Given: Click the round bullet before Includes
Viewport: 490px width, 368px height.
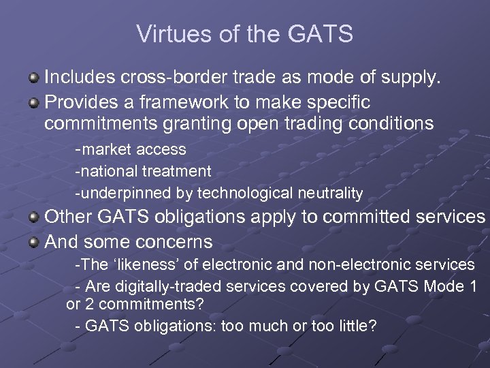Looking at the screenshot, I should [x=33, y=80].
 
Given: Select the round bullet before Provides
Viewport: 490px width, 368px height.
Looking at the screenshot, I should [x=33, y=102].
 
